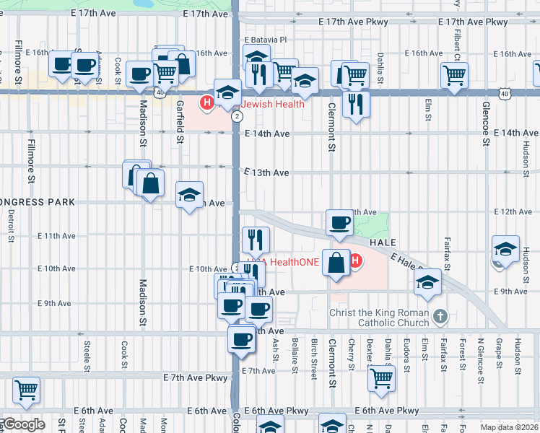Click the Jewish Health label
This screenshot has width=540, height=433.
click(x=272, y=104)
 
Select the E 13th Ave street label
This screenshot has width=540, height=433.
click(x=266, y=173)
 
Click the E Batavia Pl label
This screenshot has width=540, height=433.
click(x=266, y=40)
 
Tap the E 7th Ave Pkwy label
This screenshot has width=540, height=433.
click(x=195, y=377)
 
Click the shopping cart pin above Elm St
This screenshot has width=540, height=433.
click(x=453, y=74)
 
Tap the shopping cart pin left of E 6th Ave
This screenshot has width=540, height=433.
click(x=26, y=390)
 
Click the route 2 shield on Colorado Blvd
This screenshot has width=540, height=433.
click(x=237, y=117)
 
